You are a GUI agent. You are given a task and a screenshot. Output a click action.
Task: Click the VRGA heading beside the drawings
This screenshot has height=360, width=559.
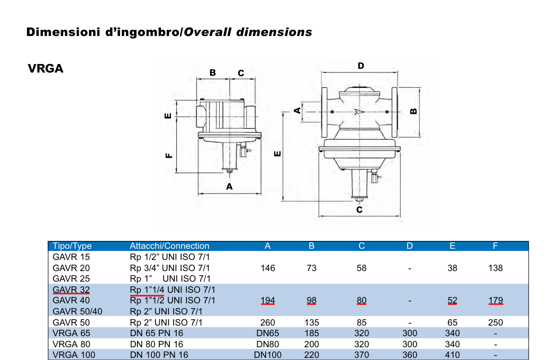click(x=46, y=69)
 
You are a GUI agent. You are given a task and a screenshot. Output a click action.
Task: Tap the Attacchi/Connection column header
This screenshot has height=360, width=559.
click(x=169, y=246)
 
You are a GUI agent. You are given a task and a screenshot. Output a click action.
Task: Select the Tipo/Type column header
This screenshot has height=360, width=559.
click(x=72, y=246)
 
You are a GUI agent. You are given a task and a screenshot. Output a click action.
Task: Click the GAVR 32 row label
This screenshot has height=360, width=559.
click(x=71, y=290)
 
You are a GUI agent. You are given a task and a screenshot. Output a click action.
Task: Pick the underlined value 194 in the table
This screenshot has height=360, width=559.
click(x=268, y=301)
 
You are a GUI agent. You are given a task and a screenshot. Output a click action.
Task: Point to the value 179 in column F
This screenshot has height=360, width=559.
click(x=495, y=301)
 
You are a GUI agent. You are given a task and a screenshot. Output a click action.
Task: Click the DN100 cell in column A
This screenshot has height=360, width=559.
click(x=268, y=355)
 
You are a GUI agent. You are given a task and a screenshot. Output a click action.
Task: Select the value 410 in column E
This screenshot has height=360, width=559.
click(x=452, y=355)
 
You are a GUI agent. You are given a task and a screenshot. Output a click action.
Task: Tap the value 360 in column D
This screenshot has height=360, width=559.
click(x=410, y=355)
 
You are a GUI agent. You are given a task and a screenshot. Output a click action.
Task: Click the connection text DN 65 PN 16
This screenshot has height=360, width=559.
click(x=157, y=333)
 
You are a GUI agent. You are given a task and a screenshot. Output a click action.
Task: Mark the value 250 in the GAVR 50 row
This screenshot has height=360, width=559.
click(x=495, y=322)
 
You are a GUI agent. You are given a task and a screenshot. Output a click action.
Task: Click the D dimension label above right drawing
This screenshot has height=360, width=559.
click(x=361, y=66)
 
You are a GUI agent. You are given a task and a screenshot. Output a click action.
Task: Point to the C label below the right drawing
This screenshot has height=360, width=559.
click(x=359, y=210)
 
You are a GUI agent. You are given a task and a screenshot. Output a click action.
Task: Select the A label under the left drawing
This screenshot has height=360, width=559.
click(x=229, y=186)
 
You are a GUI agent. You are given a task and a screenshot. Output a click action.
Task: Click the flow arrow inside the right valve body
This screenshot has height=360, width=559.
click(x=359, y=112)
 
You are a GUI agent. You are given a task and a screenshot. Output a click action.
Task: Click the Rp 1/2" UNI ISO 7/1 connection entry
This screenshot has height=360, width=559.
click(x=170, y=257)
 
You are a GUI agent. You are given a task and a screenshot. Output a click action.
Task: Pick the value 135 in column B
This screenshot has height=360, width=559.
click(x=312, y=322)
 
